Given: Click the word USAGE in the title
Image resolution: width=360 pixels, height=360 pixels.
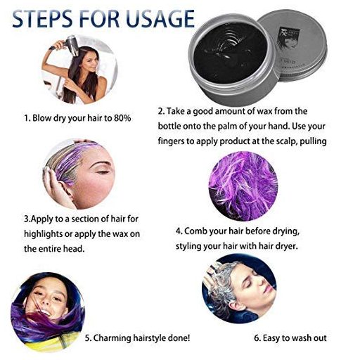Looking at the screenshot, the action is coord(160,18).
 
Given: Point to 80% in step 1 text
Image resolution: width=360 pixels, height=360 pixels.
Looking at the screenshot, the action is coord(122,118).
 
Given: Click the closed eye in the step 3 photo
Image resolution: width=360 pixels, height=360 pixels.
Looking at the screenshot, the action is coord(103,172).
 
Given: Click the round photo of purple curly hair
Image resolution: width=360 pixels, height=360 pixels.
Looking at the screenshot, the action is coord(243,186).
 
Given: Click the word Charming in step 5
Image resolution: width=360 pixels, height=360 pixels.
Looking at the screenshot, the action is coord(112,338).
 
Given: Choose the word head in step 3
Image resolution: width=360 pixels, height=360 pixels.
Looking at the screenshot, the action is coord(74,249).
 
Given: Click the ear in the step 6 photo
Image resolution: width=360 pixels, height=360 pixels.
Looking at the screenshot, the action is coord(237,304).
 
